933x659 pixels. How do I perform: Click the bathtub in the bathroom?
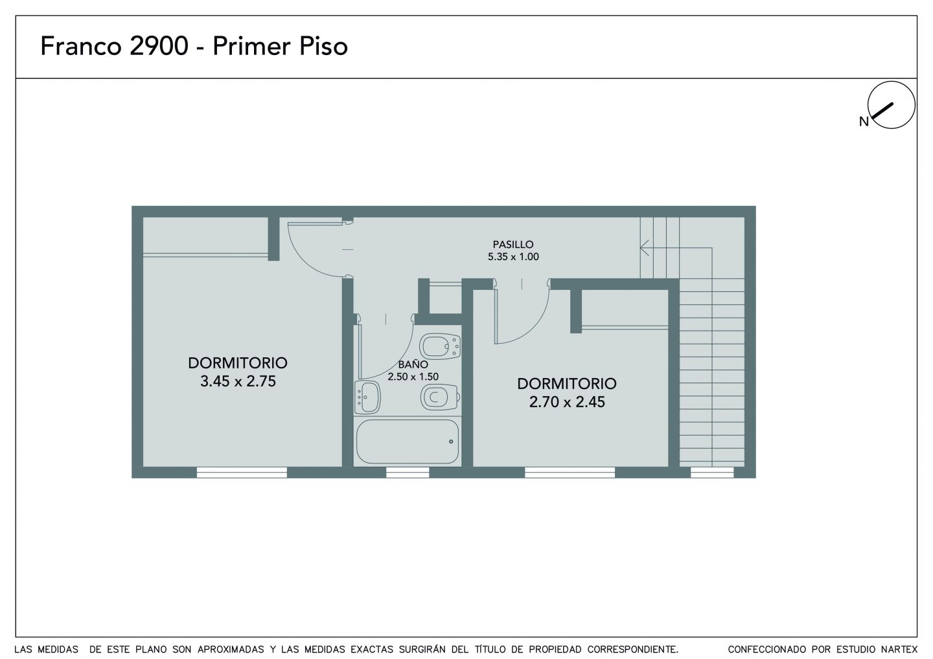408,441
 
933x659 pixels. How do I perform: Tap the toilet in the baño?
440,397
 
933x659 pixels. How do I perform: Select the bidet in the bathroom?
440,346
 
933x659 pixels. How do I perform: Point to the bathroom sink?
367,397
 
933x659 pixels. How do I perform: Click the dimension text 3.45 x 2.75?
238,381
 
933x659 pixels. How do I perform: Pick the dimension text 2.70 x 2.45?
567,402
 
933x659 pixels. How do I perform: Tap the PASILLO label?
513,244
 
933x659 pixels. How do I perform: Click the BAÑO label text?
413,364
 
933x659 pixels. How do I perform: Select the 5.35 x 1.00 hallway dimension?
513,257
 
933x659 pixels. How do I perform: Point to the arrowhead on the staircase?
644,248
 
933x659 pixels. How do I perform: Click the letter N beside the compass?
864,122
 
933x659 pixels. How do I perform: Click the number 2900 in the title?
159,46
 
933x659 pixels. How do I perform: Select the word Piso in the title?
324,46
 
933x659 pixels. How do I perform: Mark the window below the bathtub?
408,472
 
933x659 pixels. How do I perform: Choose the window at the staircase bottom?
712,472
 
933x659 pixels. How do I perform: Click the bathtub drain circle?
451,441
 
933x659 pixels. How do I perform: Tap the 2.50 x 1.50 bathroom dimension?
413,377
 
